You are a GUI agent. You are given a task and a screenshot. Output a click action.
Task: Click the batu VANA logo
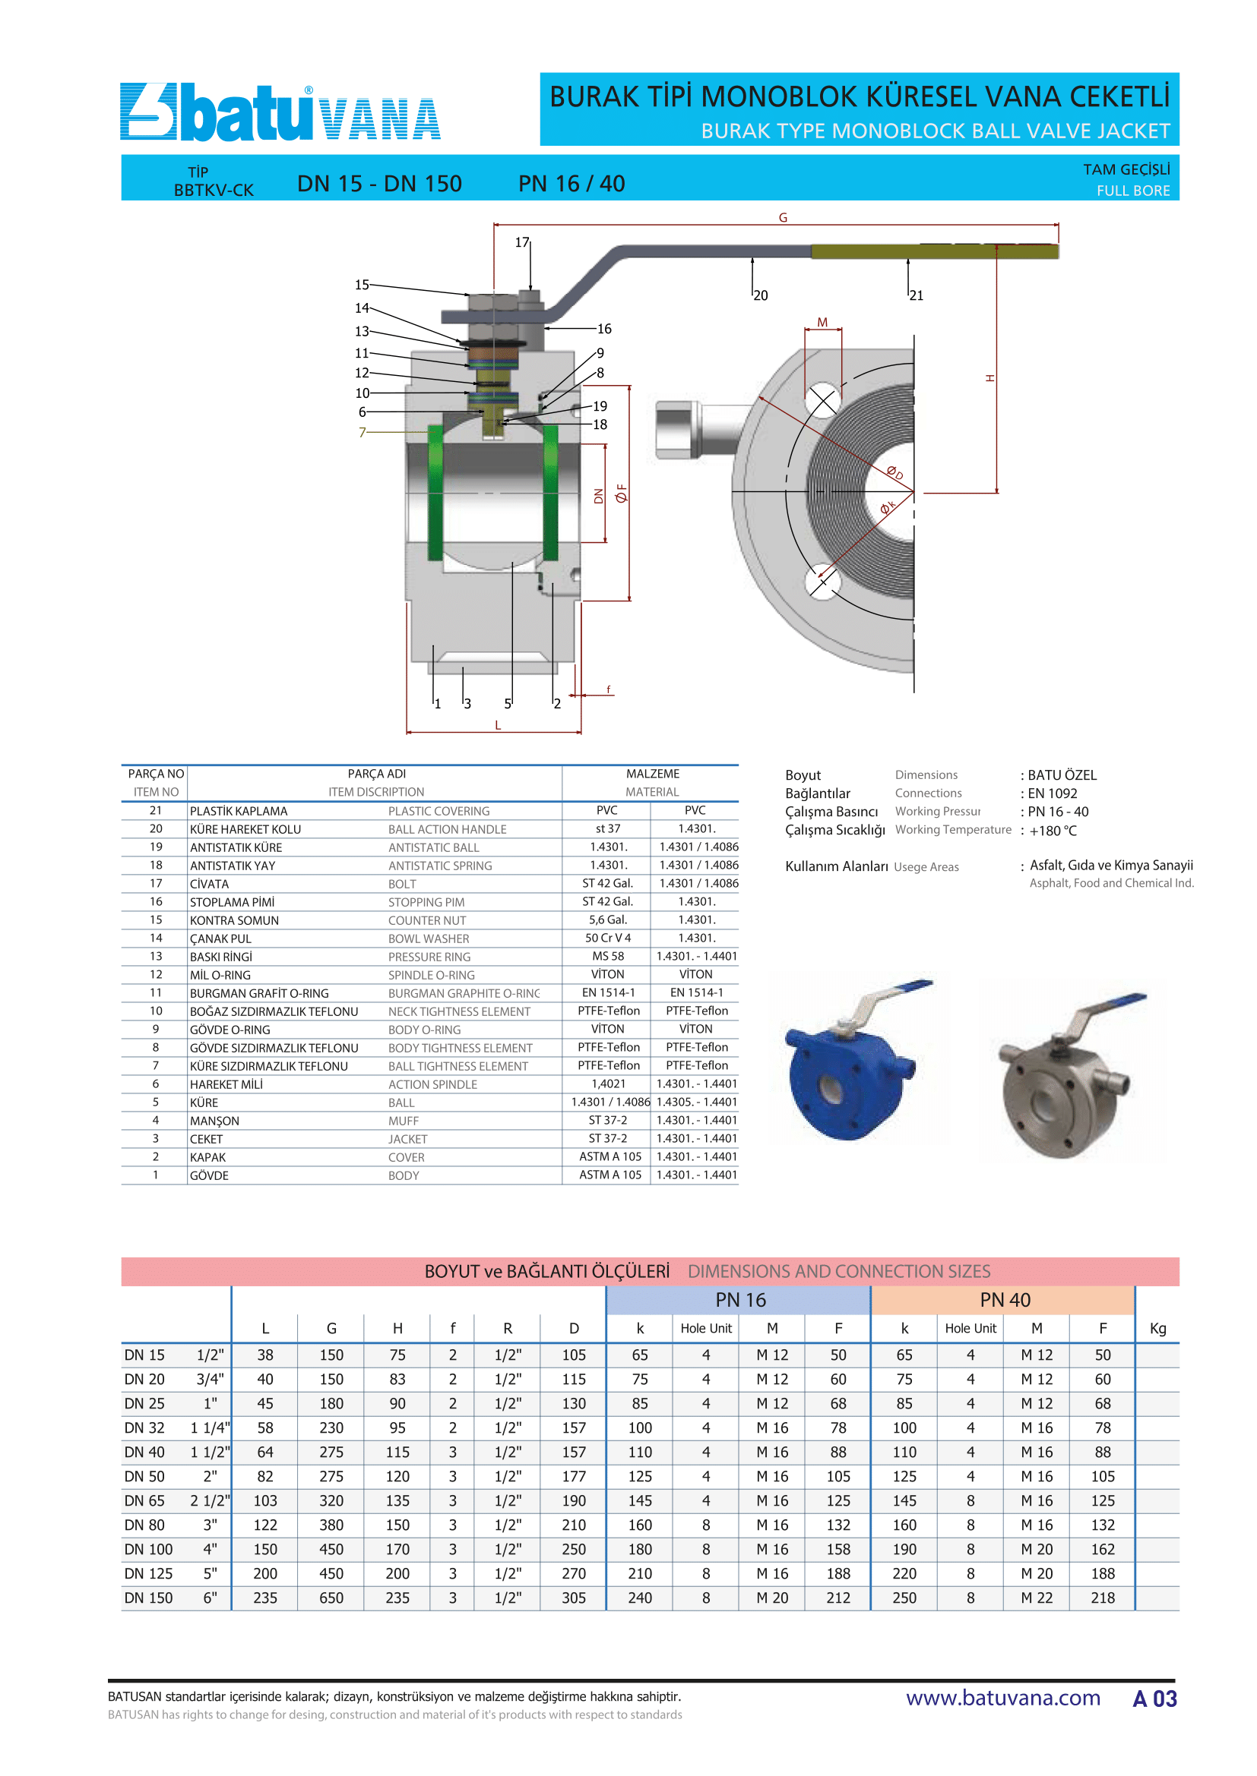(x=280, y=113)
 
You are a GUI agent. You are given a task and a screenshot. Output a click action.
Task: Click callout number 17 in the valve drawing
(x=521, y=243)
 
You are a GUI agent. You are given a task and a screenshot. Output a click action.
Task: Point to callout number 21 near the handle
(x=917, y=295)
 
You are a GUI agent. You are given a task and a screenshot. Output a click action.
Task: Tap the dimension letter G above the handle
(x=783, y=218)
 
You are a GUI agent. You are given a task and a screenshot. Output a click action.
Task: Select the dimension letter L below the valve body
(x=498, y=726)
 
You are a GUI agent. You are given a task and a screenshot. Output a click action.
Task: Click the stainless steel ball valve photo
(x=1072, y=1075)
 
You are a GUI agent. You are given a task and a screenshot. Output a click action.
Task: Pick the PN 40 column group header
(x=1004, y=1300)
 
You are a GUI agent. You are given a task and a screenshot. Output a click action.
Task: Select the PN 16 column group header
(x=740, y=1300)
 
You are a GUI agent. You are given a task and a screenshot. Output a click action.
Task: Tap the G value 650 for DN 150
(x=331, y=1598)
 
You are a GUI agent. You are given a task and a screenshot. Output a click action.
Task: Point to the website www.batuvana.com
(x=1002, y=1698)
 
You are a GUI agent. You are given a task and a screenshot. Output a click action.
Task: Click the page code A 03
(x=1154, y=1699)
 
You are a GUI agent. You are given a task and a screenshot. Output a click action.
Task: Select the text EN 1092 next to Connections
(x=1052, y=793)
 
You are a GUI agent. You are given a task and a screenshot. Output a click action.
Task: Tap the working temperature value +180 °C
(x=1053, y=831)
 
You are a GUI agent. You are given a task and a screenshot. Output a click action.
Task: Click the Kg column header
(x=1157, y=1329)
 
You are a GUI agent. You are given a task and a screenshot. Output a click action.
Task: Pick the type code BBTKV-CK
(x=214, y=191)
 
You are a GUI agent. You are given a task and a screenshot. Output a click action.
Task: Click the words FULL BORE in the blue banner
(x=1132, y=191)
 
